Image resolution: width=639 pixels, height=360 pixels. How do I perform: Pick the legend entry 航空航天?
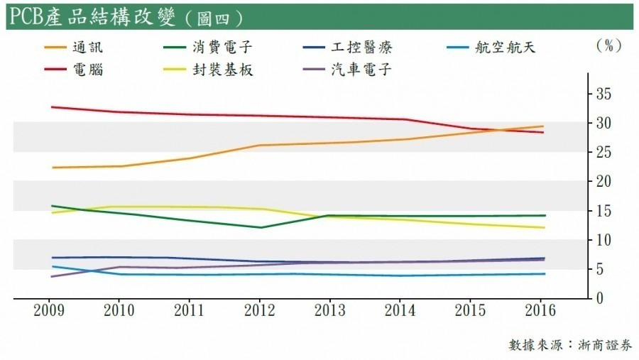coord(503,48)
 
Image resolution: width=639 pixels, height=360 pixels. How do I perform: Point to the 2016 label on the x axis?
coord(542,312)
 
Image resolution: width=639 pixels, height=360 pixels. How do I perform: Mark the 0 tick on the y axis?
coord(599,299)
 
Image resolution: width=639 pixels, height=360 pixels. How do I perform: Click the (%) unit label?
coord(608,46)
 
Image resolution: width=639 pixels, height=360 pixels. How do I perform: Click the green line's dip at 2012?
coord(261,227)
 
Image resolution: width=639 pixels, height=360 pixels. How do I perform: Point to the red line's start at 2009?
coord(52,107)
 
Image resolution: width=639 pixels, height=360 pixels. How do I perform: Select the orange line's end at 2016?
coord(542,126)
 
